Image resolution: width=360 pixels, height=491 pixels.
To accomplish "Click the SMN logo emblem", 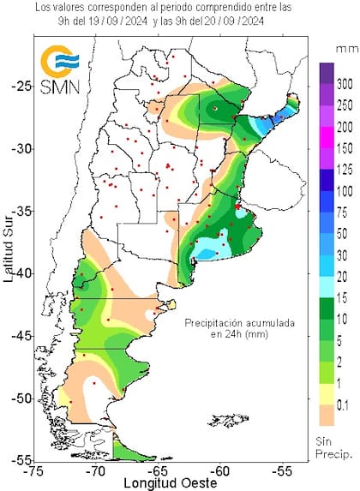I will [x=58, y=61].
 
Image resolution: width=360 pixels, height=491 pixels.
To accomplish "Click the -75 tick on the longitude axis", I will [x=35, y=470].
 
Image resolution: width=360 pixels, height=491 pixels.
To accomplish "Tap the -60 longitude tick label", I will [x=221, y=470].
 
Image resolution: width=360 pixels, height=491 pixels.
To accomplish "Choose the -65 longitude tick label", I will [x=159, y=470].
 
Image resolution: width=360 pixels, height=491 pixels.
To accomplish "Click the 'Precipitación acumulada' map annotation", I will [x=243, y=323].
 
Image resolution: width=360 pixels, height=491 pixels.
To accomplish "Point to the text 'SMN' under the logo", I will [x=58, y=87].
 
